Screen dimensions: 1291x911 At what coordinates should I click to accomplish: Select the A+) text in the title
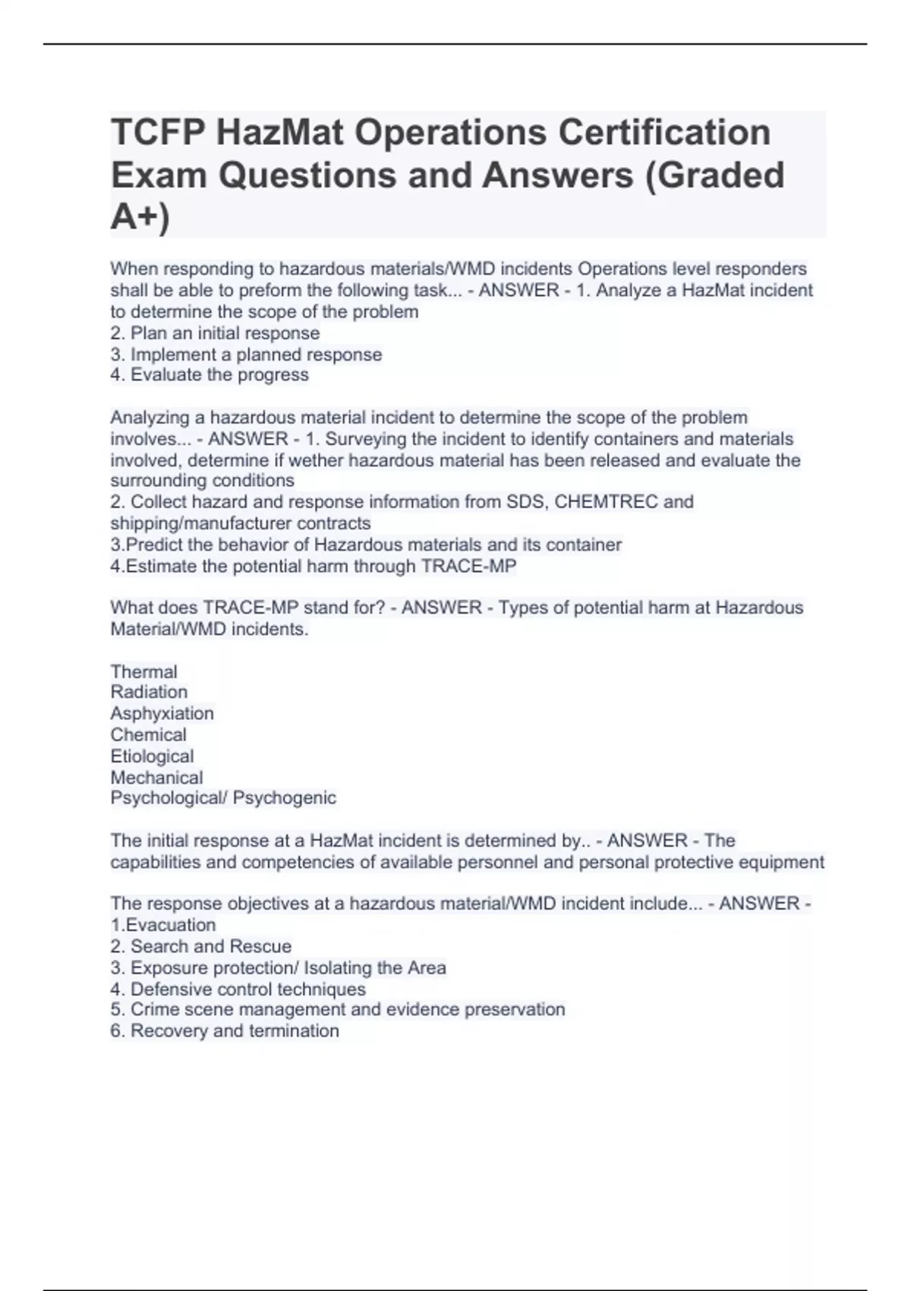[140, 217]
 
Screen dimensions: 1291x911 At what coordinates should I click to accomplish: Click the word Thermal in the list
[143, 671]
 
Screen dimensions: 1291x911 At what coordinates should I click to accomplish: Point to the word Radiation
[149, 692]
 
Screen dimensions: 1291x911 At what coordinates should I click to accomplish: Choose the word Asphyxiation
[162, 713]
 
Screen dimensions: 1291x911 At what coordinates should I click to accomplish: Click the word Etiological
[152, 756]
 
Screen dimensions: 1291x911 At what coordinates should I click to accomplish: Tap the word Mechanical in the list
[156, 777]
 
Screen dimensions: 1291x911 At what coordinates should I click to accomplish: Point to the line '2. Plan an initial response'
[215, 333]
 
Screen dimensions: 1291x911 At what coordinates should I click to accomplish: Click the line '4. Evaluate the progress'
[210, 374]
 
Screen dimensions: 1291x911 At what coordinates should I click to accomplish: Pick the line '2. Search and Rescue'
[200, 946]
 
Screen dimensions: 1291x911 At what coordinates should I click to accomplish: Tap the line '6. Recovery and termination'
[225, 1031]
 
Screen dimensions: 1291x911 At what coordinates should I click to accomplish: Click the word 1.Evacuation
[163, 925]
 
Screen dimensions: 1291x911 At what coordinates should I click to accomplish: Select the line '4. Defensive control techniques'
[238, 989]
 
